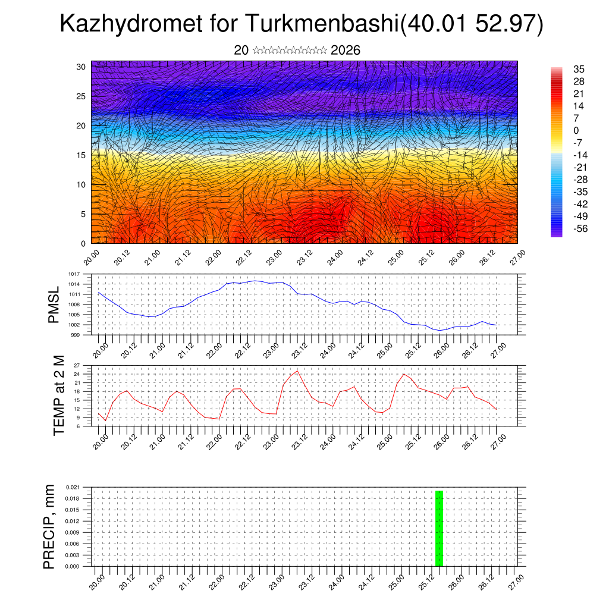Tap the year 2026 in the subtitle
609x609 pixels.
(x=345, y=51)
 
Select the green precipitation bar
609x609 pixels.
(x=439, y=528)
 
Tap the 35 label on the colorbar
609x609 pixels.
(x=578, y=69)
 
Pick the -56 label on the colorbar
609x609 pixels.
(x=577, y=228)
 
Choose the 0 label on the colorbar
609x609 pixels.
(x=576, y=130)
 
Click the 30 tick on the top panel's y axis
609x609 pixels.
(x=80, y=67)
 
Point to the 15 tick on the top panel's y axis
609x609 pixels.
(x=80, y=155)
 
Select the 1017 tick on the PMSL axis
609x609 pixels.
(x=74, y=274)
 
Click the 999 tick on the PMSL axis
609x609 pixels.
(x=75, y=335)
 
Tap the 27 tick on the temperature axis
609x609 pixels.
(x=76, y=365)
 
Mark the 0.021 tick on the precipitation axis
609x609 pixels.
(x=72, y=486)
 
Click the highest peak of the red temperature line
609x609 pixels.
(x=297, y=371)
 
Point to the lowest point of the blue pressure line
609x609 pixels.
(x=440, y=330)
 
